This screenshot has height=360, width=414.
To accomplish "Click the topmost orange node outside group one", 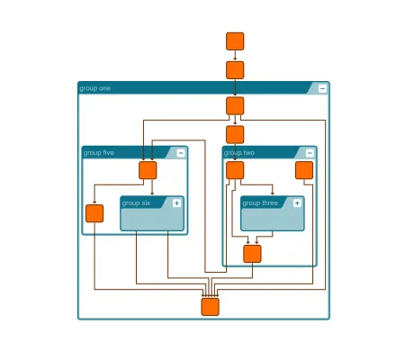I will coord(235,41).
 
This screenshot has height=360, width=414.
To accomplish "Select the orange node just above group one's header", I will coord(235,70).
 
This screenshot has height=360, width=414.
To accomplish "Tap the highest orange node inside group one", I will coord(235,106).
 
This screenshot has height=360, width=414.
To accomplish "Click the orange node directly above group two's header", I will coord(235,135).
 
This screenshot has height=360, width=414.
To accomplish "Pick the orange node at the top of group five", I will coord(148,170).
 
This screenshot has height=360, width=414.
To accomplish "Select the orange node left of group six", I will coord(94,213).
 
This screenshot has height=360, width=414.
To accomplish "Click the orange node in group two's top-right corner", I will coord(304,170).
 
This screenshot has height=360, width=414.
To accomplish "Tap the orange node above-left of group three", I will coord(235,170).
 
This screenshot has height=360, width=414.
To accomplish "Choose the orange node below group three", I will coord(252,254).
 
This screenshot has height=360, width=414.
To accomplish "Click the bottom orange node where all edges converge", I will coord(210,307).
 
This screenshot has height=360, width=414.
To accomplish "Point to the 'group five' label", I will coord(99,153).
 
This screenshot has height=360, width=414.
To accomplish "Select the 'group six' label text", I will coord(137,202).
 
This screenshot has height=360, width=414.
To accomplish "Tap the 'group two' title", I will coord(239,153).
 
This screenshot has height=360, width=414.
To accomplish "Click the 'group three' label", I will coord(261,202).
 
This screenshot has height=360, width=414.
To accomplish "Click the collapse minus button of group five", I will coord(181,153).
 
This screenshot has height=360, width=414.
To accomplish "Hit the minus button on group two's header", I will coord(310,153).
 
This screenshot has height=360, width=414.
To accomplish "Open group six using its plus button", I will coord(176,202).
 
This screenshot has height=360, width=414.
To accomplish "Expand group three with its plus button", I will coord(297,202).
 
